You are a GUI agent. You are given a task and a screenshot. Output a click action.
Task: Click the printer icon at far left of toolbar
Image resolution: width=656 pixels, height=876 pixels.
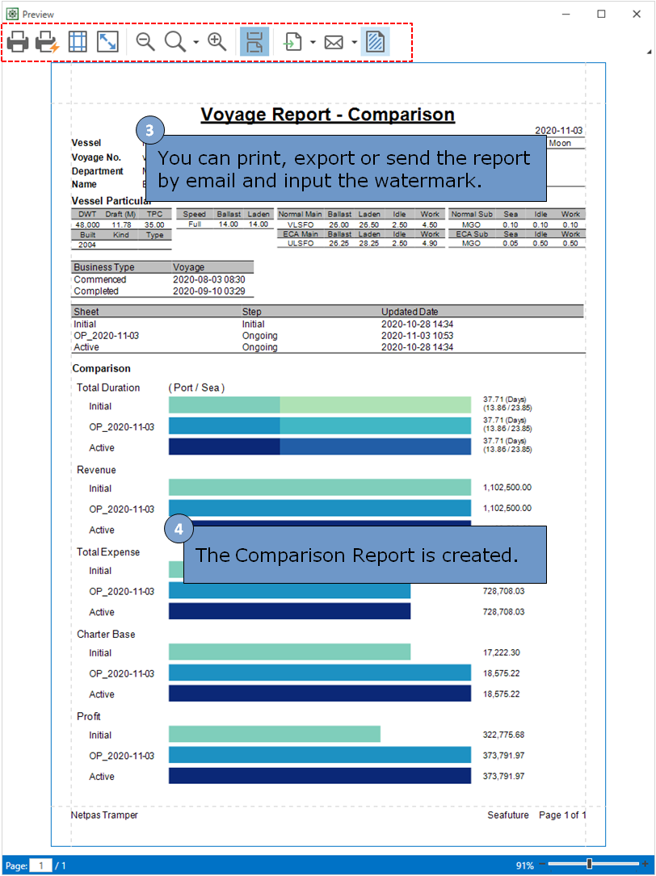click(x=18, y=42)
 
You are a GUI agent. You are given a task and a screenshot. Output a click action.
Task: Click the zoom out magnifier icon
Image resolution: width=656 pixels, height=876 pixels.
click(x=145, y=42)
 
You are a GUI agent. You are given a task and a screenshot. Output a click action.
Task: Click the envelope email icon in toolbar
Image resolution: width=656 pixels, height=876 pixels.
click(x=334, y=42)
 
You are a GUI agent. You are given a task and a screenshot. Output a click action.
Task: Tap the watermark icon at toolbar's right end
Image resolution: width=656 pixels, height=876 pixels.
click(x=375, y=42)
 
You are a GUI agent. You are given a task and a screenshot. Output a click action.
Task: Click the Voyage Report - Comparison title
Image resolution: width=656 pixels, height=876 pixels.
click(x=327, y=115)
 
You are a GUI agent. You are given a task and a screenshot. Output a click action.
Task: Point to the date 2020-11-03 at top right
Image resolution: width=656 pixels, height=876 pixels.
click(x=559, y=131)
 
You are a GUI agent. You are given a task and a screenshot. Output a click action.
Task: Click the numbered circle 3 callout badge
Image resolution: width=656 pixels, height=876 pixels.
click(x=149, y=131)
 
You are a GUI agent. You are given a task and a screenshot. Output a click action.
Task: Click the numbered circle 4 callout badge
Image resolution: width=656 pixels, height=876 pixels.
click(x=179, y=530)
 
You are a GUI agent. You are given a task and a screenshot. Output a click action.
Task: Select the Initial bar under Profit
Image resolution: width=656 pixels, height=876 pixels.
click(x=275, y=734)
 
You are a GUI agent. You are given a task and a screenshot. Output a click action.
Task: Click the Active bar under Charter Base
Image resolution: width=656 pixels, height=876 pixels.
click(x=320, y=694)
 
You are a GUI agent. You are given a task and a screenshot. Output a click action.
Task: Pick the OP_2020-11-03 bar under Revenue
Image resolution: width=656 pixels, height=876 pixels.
click(x=320, y=509)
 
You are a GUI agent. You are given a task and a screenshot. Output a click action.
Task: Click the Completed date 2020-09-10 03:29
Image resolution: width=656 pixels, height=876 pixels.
click(x=209, y=291)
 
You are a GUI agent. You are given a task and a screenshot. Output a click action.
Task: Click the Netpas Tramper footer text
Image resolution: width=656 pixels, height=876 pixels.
click(x=104, y=815)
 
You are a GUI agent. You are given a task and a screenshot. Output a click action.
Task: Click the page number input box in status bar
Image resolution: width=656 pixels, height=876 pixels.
click(x=41, y=866)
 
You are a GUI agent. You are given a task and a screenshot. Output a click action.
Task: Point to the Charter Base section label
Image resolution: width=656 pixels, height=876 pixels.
click(x=106, y=635)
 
